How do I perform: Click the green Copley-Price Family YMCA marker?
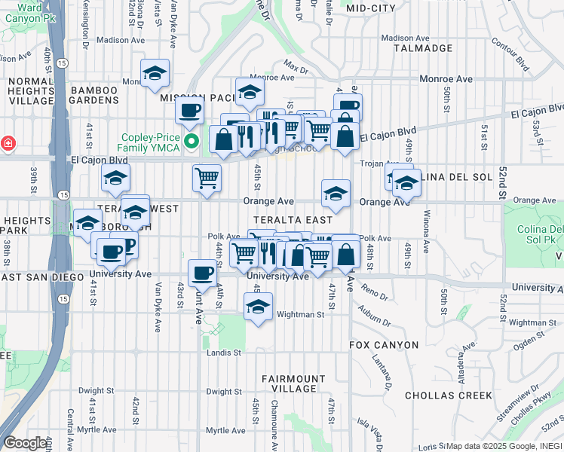pyautogui.click(x=192, y=140)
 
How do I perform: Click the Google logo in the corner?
pyautogui.click(x=25, y=443)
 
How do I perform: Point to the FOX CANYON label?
pyautogui.click(x=384, y=345)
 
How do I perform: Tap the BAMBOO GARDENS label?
pyautogui.click(x=94, y=96)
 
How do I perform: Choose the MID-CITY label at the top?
pyautogui.click(x=371, y=8)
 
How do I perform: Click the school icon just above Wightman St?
pyautogui.click(x=258, y=306)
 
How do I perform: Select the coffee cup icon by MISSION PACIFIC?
pyautogui.click(x=189, y=111)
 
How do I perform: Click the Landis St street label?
pyautogui.click(x=225, y=352)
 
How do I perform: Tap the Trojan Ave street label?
pyautogui.click(x=379, y=164)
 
